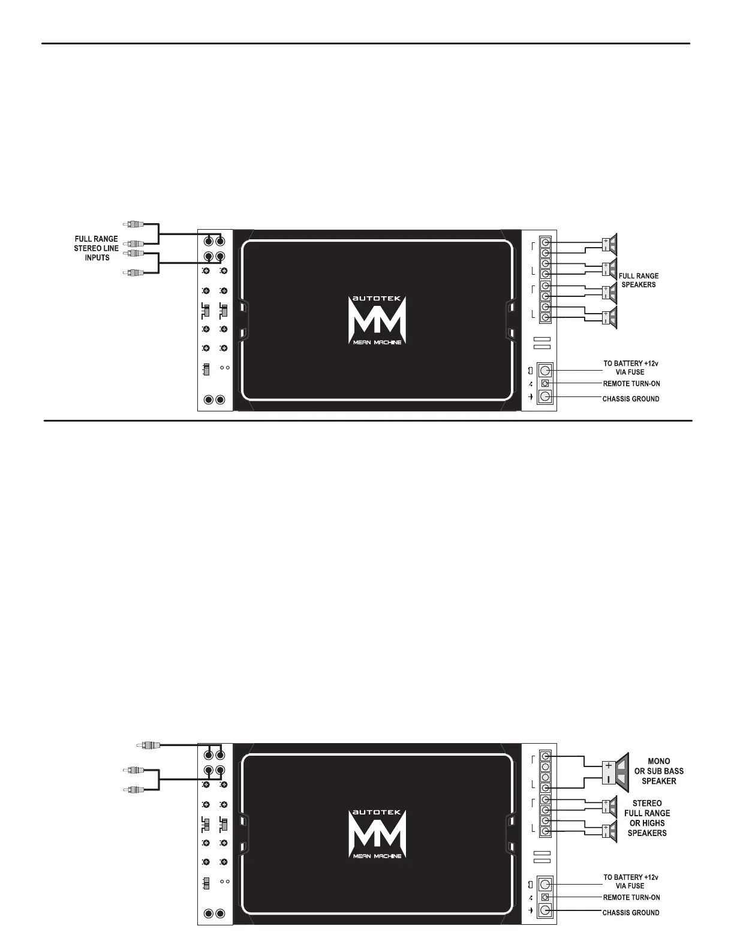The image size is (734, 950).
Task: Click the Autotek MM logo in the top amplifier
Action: pos(377,320)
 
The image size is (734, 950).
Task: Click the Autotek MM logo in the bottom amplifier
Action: pos(377,834)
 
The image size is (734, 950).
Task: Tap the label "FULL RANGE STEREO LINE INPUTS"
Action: pos(97,248)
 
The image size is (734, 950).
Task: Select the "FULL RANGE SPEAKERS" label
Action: pos(638,280)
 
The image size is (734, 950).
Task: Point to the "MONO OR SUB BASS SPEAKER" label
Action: pos(658,771)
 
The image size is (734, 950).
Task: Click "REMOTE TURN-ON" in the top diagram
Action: pos(631,383)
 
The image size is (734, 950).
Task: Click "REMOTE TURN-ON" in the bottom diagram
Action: pos(631,898)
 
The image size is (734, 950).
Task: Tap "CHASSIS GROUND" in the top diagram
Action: pos(630,399)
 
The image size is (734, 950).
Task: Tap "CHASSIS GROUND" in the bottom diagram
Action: pos(630,913)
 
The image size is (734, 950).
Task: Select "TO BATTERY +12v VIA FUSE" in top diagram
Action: pos(630,368)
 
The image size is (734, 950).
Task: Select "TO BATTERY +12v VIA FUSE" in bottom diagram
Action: pos(630,882)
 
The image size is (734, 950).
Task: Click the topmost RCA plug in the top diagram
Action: pos(133,225)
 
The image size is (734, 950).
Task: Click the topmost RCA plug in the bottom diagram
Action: pos(148,745)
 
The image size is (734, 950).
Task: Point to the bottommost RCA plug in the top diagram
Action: pos(133,273)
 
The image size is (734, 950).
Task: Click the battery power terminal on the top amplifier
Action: pos(545,370)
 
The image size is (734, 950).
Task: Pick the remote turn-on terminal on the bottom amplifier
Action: pos(545,897)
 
